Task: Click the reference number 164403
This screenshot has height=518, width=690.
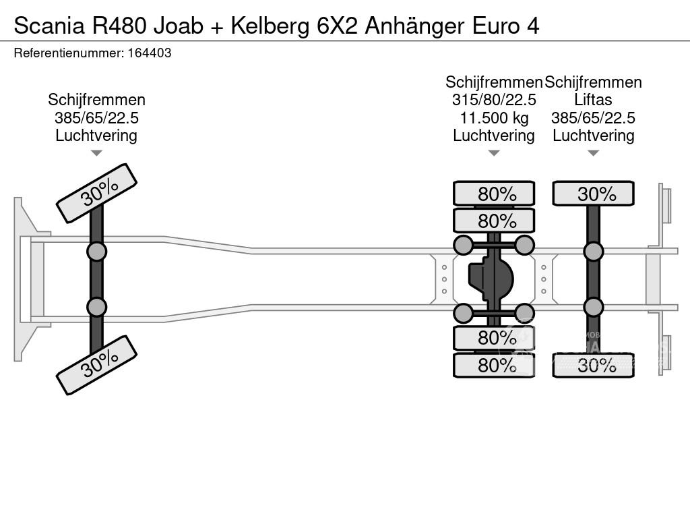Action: coord(150,53)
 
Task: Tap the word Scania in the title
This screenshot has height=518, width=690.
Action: coord(49,26)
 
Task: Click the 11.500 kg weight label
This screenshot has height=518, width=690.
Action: coord(494,118)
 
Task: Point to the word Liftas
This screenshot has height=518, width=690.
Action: coord(593,100)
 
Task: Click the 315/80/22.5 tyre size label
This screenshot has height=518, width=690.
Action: coord(494,100)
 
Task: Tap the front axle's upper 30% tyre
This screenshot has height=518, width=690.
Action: coord(97,194)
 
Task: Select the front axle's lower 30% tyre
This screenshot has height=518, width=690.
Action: coord(97,365)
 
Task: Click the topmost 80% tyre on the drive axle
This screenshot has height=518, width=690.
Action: coord(494,194)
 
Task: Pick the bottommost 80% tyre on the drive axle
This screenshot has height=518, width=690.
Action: coord(494,365)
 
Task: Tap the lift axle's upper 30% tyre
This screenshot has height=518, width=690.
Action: coord(593,194)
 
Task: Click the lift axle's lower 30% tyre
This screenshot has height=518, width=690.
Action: coord(593,365)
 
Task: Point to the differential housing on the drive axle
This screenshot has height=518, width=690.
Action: coord(491,279)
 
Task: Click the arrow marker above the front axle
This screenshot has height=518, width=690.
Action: coord(96,153)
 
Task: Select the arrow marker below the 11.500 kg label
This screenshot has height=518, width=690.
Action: coord(494,153)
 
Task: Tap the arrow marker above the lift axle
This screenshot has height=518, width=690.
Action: coord(593,153)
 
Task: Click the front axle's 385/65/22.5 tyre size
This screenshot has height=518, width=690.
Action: coord(97,118)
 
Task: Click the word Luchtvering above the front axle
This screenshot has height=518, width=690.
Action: coord(96,136)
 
